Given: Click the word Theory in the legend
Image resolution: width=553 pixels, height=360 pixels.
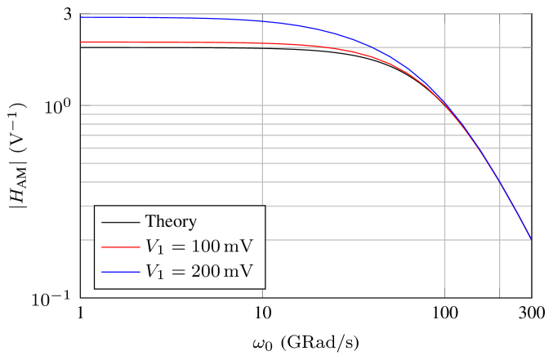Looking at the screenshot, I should [x=171, y=221].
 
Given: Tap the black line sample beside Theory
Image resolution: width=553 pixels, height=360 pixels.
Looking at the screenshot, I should [x=120, y=222].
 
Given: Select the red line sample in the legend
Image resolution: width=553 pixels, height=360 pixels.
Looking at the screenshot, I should [x=120, y=247].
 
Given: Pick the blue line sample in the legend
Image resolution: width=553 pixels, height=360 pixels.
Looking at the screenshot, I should [x=120, y=272].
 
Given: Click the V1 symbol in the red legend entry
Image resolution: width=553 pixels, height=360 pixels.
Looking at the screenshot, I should [x=154, y=247].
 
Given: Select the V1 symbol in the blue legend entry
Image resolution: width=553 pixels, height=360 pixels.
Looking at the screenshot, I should [x=154, y=273].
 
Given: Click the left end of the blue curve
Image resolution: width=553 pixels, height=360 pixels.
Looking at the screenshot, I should [x=81, y=17].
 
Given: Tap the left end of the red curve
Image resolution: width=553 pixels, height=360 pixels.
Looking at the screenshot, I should [x=81, y=42].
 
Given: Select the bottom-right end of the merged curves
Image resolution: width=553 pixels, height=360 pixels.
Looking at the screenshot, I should [x=531, y=239].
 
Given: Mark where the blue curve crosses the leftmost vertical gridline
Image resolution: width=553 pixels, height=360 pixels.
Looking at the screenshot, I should [x=262, y=21].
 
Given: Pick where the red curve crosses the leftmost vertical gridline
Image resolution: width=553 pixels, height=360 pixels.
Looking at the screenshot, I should [x=262, y=43].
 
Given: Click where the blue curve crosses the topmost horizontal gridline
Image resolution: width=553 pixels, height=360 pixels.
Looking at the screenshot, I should [x=372, y=47].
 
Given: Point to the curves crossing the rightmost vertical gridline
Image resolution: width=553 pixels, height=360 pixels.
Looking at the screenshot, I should [x=500, y=183].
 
